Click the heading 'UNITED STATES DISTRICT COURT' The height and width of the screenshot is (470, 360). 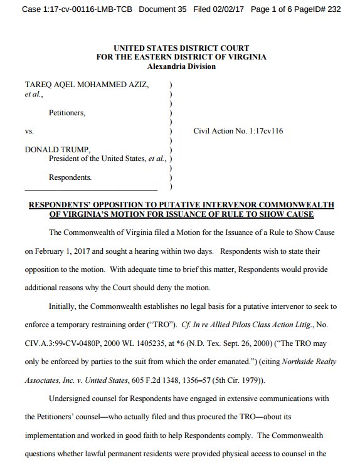coord(181,48)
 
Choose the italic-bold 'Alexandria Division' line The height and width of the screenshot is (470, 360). coord(181,66)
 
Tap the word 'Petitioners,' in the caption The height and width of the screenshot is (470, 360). coord(67,113)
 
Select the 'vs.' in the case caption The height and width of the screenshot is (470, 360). coord(29,133)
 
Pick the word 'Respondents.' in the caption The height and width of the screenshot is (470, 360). coord(70,178)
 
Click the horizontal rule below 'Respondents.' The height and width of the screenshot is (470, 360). coord(91,189)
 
